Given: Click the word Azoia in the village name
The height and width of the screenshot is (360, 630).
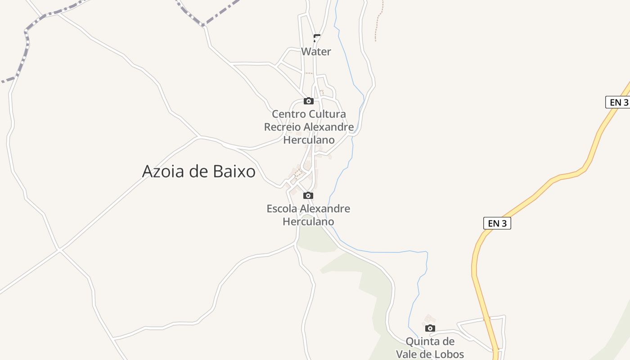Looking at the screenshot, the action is pos(162,171).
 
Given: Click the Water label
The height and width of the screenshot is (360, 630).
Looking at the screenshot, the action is pos(316,52).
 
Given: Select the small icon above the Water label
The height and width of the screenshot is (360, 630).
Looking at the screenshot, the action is pos(317,38).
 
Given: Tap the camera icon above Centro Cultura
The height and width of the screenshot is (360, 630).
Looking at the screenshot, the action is pos(308,101).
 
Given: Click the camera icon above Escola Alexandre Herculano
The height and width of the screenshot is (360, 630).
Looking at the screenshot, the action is pos(308,195).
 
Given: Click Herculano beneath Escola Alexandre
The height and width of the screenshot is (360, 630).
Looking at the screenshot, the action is pos(308,221).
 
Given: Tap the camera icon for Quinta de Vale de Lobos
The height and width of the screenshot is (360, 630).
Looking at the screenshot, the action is pos(430,328).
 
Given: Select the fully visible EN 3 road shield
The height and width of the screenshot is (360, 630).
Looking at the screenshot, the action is pos(497,223).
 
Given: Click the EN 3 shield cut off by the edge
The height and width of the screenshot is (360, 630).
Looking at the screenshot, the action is pos(618,102).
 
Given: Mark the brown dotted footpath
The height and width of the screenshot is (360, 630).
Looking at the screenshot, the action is pos(377,22).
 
